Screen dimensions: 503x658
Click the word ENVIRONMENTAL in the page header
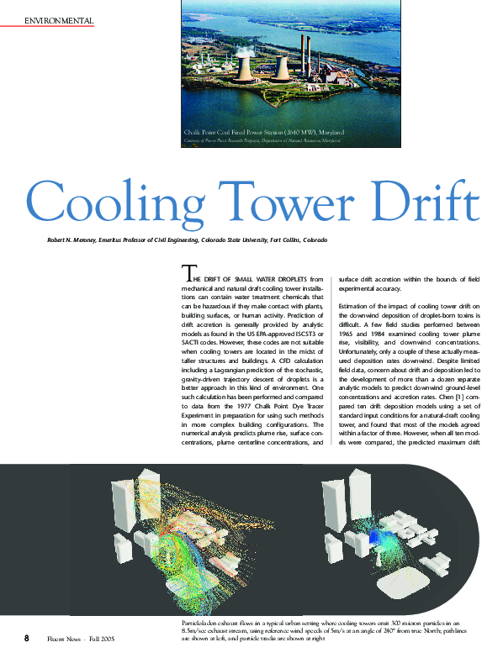[59, 19]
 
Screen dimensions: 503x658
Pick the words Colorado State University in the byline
[233, 241]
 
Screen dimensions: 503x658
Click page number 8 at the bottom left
[27, 638]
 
